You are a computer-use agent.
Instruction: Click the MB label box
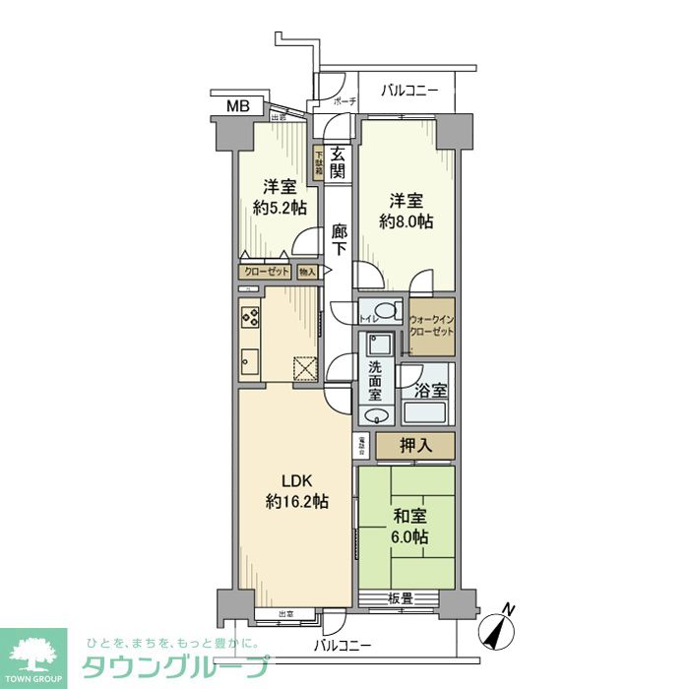[238, 106]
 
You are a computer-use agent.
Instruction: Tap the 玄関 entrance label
[338, 161]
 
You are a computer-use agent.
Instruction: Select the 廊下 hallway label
[339, 241]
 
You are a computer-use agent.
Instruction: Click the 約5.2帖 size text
[279, 208]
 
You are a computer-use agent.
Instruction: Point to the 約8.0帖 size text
[407, 222]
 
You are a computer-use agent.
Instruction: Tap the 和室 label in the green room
[407, 514]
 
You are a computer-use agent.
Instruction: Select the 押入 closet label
[414, 446]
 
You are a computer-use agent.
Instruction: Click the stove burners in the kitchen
[249, 318]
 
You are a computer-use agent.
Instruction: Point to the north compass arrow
[499, 627]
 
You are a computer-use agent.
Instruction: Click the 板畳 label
[399, 597]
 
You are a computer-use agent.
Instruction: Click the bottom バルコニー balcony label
[343, 646]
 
